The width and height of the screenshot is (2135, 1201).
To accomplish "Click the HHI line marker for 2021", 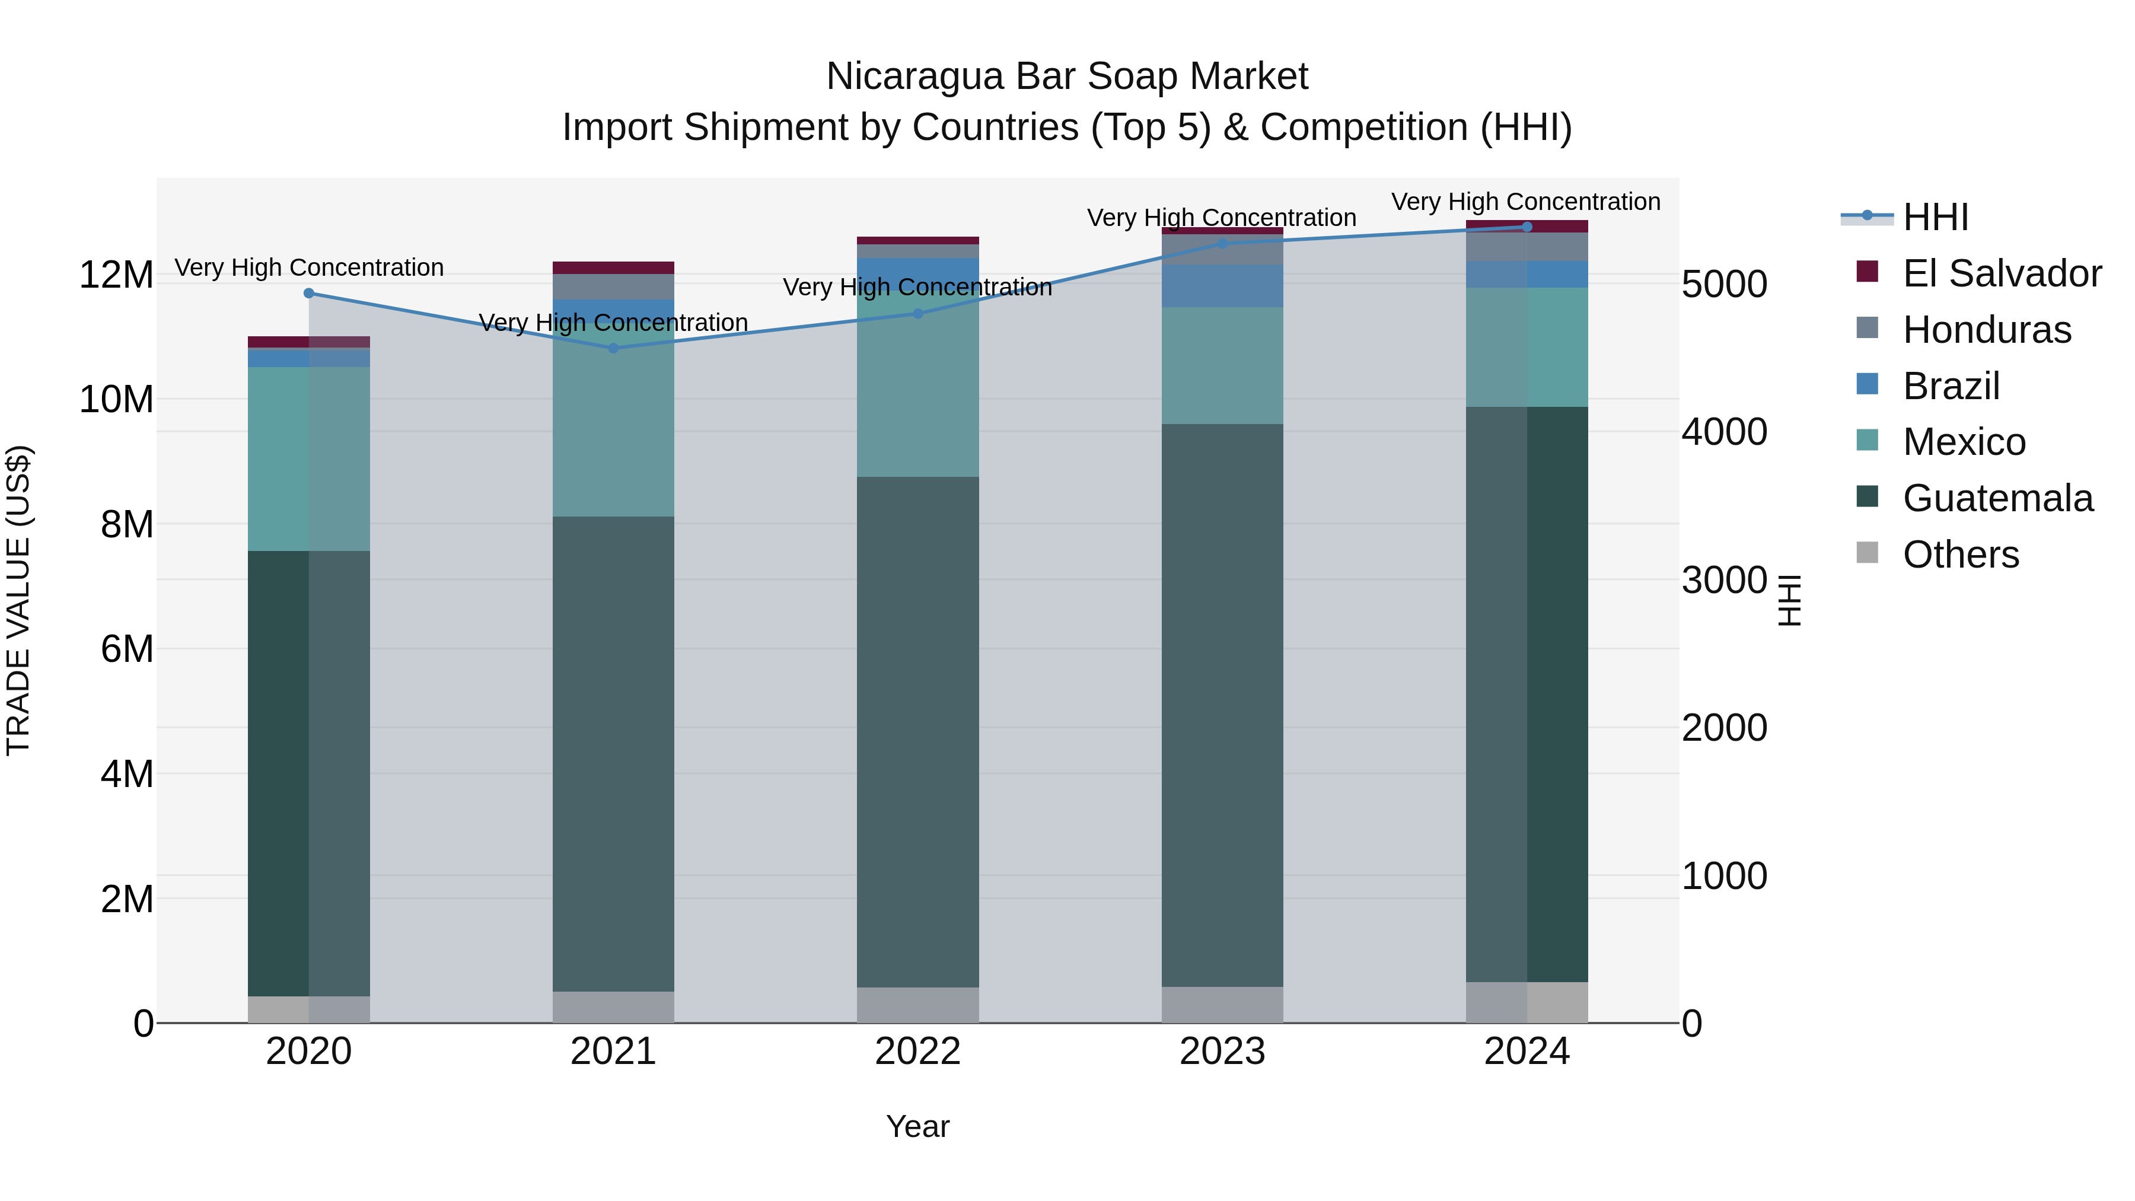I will pyautogui.click(x=613, y=348).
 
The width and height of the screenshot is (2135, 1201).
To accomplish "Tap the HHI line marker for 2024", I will pyautogui.click(x=1527, y=227).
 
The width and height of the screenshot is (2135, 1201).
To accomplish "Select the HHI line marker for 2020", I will pyautogui.click(x=309, y=292).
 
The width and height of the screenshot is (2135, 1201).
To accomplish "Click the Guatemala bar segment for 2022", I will pyautogui.click(x=917, y=729).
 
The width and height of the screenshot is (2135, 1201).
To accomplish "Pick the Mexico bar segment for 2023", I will pyautogui.click(x=1222, y=365).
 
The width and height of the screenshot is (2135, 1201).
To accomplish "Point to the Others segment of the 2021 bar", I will pyautogui.click(x=613, y=1006).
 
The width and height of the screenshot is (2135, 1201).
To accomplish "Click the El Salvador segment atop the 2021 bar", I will pyautogui.click(x=613, y=267).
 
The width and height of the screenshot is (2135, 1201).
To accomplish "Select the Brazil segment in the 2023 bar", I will pyautogui.click(x=1222, y=285).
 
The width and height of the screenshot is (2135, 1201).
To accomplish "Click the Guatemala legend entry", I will pyautogui.click(x=1997, y=498).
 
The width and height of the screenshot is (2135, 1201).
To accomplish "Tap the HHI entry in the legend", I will pyautogui.click(x=1935, y=217).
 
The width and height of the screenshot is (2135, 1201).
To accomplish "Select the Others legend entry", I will pyautogui.click(x=1960, y=555).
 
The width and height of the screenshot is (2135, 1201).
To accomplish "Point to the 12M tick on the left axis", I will pyautogui.click(x=116, y=275).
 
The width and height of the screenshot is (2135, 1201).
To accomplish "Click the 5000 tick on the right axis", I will pyautogui.click(x=1724, y=284).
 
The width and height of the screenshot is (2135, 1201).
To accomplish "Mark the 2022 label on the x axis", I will pyautogui.click(x=917, y=1051).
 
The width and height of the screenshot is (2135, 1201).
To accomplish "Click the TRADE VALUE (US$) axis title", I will pyautogui.click(x=18, y=600).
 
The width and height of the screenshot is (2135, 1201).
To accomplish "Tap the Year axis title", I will pyautogui.click(x=917, y=1126).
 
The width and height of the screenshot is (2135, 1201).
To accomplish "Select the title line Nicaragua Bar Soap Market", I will pyautogui.click(x=1067, y=77).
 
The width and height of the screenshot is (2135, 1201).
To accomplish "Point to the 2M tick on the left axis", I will pyautogui.click(x=127, y=899).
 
